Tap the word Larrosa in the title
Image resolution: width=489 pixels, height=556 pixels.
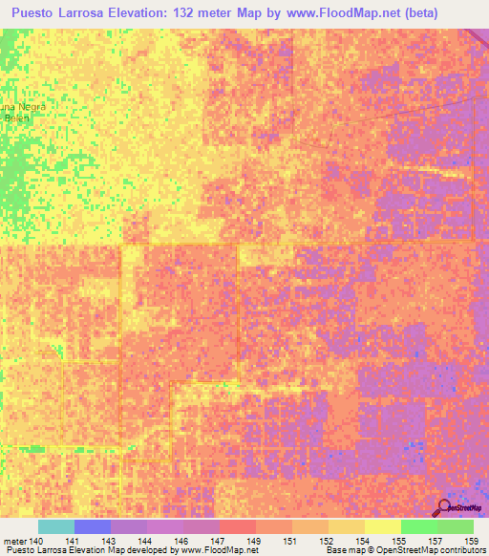98,13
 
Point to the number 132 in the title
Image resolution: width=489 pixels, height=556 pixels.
223,13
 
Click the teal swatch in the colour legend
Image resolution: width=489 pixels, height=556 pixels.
55,526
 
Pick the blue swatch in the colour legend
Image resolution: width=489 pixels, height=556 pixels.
92,526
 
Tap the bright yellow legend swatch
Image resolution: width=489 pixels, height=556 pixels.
382,526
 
